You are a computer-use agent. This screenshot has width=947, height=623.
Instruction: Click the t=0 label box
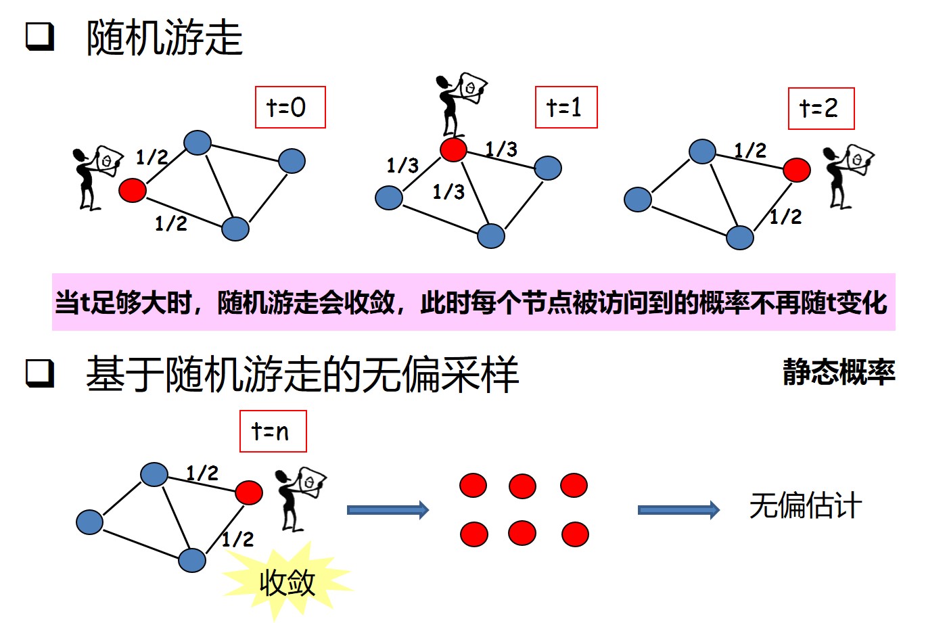290,107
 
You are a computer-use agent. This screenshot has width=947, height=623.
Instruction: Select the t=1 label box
565,107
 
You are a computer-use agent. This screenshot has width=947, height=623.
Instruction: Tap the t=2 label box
821,108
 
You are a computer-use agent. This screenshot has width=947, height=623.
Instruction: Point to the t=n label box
273,431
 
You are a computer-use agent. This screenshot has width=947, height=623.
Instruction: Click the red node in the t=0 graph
133,190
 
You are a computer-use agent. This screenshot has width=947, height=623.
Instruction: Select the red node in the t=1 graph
453,149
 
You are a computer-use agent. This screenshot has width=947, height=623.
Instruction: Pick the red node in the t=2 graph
797,170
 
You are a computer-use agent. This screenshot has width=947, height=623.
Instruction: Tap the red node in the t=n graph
249,492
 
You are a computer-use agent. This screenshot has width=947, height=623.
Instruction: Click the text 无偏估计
805,506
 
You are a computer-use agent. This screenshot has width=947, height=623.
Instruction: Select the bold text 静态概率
839,372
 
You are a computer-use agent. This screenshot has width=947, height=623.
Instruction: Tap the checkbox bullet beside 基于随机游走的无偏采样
40,373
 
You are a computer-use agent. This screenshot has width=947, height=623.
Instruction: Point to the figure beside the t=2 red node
846,175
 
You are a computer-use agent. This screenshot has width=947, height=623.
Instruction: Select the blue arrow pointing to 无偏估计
678,509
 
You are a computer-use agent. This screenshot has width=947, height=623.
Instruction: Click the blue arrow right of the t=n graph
388,509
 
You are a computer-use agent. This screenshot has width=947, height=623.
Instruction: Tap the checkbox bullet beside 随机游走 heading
40,37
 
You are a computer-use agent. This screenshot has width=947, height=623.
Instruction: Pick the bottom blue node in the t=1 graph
491,236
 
